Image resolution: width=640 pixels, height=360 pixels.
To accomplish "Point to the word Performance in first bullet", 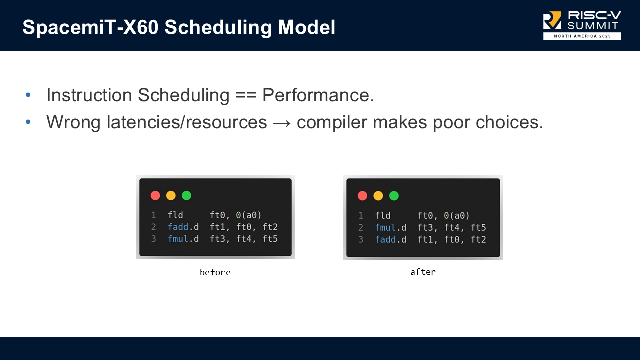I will (318, 95).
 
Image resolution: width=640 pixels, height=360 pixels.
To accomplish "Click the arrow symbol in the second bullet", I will (282, 122).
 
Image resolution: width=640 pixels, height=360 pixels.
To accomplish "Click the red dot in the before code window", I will (155, 195).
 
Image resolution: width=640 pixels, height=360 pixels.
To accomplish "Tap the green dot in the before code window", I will (186, 195).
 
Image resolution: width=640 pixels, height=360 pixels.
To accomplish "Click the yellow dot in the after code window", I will (378, 196).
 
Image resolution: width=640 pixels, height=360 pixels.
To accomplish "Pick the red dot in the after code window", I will (363, 196).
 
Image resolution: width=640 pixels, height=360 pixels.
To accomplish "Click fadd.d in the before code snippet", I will (183, 227).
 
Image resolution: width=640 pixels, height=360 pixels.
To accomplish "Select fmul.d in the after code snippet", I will (391, 228).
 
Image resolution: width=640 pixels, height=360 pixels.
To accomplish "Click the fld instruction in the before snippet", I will (175, 215).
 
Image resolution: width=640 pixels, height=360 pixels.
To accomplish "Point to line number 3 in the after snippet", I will (361, 240).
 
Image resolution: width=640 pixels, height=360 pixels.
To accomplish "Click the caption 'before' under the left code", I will (215, 272).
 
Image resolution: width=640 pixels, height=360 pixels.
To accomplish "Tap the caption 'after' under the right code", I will (423, 272).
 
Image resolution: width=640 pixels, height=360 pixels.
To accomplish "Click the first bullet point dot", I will (28, 95).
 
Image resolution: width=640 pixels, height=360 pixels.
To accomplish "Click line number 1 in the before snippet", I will (154, 215).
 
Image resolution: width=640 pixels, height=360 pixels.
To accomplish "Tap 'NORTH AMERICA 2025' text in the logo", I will (582, 36).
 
